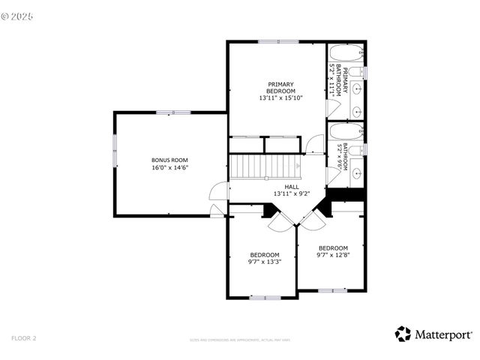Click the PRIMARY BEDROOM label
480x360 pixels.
coord(280,88)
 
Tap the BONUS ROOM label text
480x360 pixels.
coord(169,160)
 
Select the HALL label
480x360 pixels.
coord(291,186)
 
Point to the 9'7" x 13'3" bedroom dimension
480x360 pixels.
coord(264,262)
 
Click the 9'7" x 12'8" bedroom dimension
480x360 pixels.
coord(333,255)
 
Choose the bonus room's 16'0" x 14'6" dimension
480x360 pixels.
coord(169,168)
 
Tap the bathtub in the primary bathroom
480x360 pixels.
coord(346,54)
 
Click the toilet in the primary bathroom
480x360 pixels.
coord(359,72)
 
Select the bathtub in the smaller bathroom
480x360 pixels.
coord(346,132)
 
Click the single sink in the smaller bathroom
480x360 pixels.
coord(355,174)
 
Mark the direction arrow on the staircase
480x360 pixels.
coord(297,166)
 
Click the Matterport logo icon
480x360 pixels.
coord(403,334)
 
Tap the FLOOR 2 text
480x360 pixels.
coord(23,338)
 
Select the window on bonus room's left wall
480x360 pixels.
coord(115,152)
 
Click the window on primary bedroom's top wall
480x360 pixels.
coord(278,41)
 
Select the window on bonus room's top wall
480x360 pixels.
coord(173,112)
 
